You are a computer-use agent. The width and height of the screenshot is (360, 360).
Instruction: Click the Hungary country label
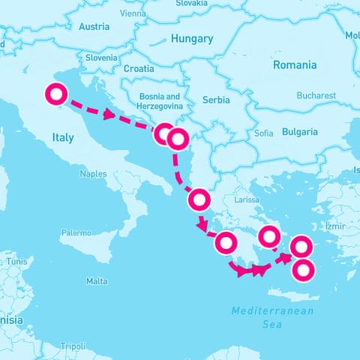click(x=192, y=38)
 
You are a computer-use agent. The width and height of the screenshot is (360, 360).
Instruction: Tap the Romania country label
click(x=294, y=65)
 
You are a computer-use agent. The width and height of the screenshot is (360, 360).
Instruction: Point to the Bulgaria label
click(x=299, y=132)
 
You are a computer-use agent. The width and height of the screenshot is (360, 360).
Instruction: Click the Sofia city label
click(x=264, y=133)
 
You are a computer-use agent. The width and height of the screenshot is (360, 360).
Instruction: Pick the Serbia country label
click(x=215, y=100)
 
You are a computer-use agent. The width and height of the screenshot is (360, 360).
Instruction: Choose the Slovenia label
click(x=101, y=58)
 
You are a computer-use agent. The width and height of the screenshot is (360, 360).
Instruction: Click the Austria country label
click(x=94, y=27)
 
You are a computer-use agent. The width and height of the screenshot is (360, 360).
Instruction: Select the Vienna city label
click(x=133, y=13)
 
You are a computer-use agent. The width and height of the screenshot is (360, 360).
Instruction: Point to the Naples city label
click(x=94, y=173)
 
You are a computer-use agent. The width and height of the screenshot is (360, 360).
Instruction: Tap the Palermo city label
click(x=76, y=232)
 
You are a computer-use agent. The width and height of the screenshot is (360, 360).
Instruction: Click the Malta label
click(x=97, y=281)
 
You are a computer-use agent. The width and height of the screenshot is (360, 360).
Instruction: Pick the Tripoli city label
click(x=73, y=346)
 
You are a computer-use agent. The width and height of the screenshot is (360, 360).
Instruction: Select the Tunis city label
click(x=16, y=262)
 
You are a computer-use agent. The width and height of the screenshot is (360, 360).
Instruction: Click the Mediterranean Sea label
click(x=272, y=317)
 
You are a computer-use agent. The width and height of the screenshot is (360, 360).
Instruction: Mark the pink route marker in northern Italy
click(x=56, y=95)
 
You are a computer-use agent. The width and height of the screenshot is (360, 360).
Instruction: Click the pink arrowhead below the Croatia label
click(x=110, y=115)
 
